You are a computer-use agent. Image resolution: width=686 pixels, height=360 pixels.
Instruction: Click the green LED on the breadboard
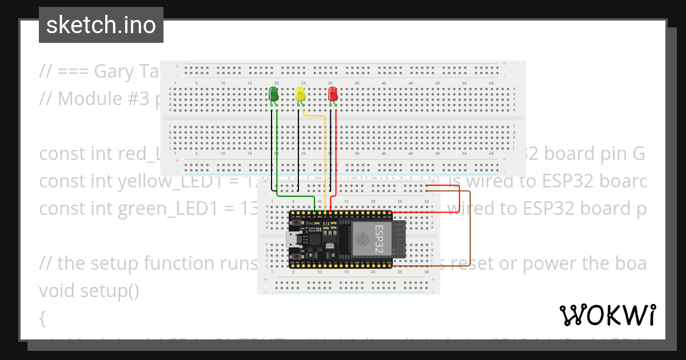[x=274, y=94]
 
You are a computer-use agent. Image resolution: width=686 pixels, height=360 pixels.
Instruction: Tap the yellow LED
[x=301, y=94]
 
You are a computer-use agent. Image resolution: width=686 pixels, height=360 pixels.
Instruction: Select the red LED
[x=333, y=94]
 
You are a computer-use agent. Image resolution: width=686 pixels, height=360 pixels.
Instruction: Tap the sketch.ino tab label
[x=101, y=25]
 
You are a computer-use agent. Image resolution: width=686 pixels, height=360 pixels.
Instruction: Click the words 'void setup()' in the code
[x=89, y=291]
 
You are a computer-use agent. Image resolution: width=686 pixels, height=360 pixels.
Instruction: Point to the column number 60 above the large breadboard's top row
[x=491, y=83]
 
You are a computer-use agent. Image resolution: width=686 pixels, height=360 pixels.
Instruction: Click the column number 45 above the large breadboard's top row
[x=410, y=83]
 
